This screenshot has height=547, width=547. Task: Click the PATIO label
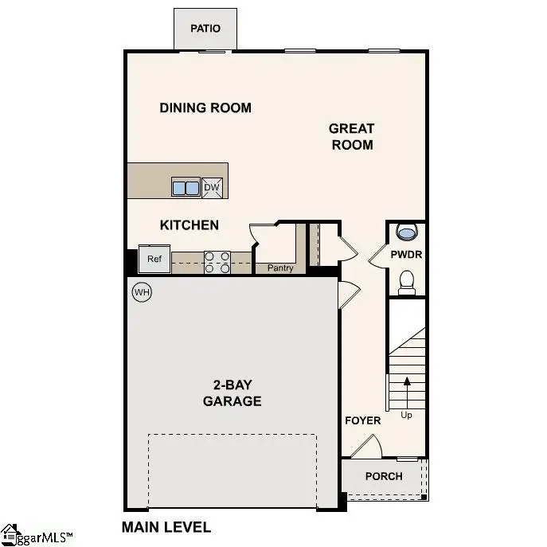coord(205,29)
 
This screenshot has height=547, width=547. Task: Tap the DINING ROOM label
coord(205,107)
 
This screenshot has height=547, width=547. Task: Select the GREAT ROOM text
coord(351,136)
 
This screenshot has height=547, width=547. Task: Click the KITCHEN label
coord(189,225)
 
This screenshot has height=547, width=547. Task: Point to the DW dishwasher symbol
coord(212,188)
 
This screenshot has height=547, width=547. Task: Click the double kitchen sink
coord(186,188)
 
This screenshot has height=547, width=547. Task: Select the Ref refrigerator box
coord(154,259)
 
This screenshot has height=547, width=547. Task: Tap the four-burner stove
coord(217,262)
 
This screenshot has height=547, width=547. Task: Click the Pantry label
coord(280,268)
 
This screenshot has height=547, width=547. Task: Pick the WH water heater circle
coord(142,292)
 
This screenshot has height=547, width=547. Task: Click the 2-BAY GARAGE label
coord(232,393)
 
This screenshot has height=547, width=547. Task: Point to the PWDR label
coord(406,255)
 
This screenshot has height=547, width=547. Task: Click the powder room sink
coord(407,232)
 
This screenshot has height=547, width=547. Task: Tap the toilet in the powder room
coord(407,282)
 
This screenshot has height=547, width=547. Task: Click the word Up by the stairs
coord(407,415)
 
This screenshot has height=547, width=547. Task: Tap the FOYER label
coord(362,420)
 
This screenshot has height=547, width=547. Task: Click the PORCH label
coord(384,476)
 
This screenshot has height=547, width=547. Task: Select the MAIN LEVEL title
coord(166,527)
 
